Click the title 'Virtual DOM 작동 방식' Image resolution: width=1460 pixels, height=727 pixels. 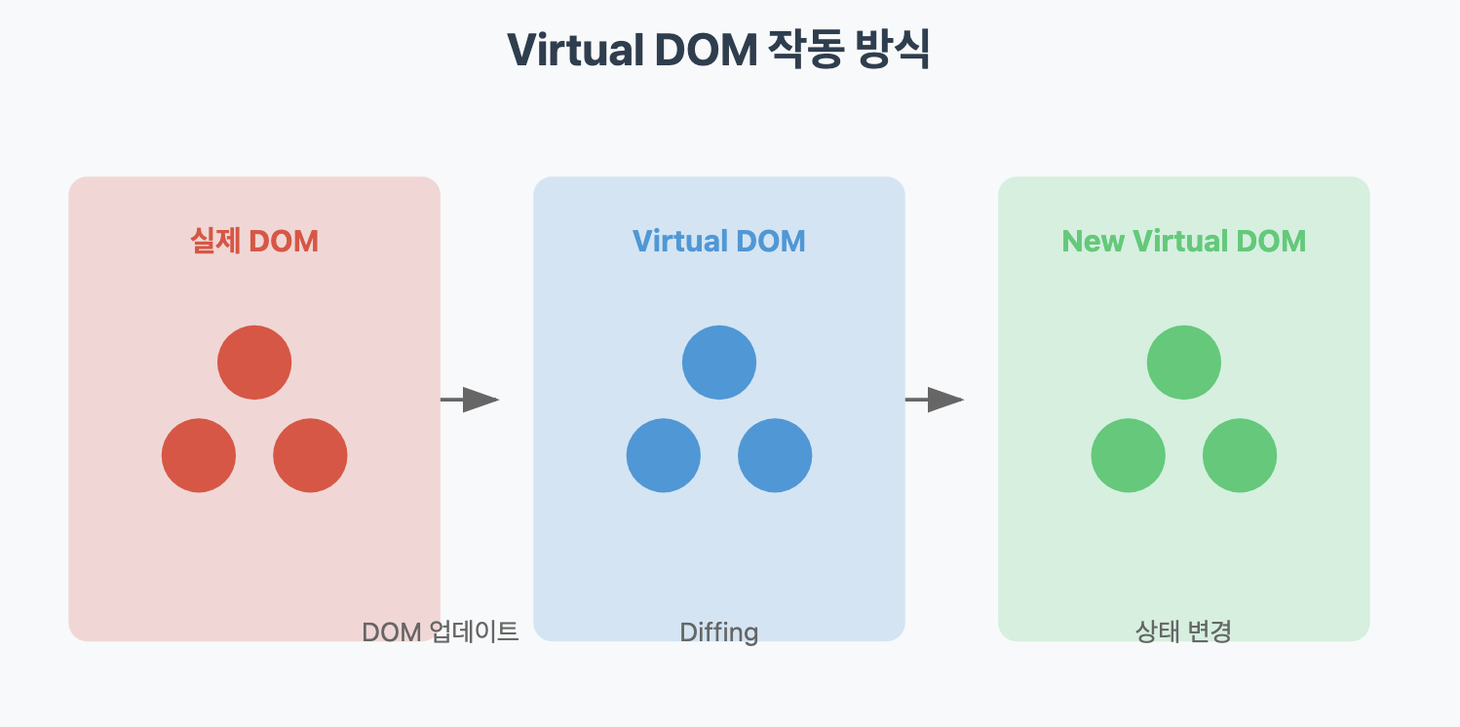[718, 51]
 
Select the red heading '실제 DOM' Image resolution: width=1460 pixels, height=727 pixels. [254, 241]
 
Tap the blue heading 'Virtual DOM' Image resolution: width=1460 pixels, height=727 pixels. [719, 241]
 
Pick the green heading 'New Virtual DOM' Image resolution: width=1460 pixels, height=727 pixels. [1183, 241]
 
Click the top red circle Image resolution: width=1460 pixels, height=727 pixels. [254, 363]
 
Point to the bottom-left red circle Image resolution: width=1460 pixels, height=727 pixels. [199, 455]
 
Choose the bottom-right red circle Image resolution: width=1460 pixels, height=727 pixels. [310, 455]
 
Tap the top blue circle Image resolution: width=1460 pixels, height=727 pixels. [719, 363]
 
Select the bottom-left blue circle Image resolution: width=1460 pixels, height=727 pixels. [664, 455]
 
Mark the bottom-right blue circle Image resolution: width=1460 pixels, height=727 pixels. [775, 455]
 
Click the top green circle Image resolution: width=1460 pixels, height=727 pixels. [1184, 363]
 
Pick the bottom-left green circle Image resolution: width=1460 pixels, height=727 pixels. [1129, 455]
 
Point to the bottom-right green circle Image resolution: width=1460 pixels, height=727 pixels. [1240, 455]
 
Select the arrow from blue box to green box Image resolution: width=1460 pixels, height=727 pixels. [935, 400]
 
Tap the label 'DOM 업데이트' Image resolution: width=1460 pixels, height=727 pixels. [440, 631]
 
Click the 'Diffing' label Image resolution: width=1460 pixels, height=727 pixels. [719, 632]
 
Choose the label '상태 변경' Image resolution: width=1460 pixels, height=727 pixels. [1183, 631]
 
